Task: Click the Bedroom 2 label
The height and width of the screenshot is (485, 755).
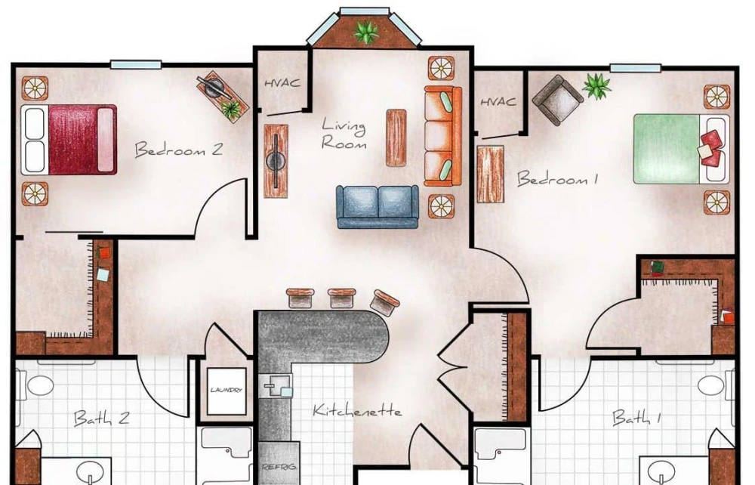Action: click(178, 150)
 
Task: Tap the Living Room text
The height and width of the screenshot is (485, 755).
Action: click(344, 134)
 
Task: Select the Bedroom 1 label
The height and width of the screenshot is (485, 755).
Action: click(557, 180)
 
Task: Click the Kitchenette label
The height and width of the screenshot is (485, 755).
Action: click(357, 412)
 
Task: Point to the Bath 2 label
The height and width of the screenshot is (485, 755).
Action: click(100, 418)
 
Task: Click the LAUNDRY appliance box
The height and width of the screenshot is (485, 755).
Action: click(226, 391)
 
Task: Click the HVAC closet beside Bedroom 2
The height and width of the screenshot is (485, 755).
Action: click(282, 83)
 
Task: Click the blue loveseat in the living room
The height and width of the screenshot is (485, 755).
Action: click(377, 205)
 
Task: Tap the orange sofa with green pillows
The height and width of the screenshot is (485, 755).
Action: click(442, 136)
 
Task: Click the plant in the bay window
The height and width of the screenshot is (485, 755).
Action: click(366, 32)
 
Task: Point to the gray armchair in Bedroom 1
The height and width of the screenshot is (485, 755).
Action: click(557, 99)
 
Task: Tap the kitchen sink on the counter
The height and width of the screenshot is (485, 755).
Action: click(277, 388)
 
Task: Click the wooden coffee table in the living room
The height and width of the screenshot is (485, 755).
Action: click(396, 137)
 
